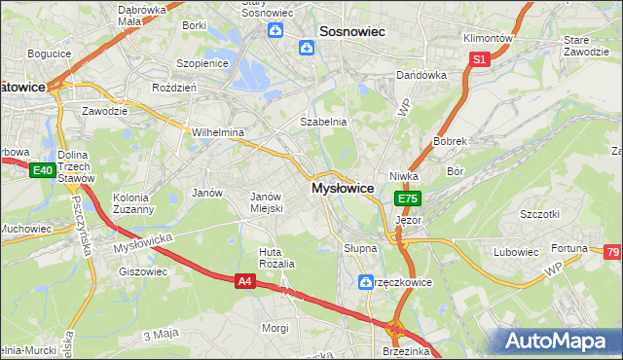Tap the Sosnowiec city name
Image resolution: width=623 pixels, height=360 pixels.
click(348, 31)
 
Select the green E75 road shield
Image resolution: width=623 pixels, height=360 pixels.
click(407, 198)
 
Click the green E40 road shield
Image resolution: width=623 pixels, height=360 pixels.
click(41, 171)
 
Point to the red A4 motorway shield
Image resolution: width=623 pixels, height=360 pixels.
click(245, 280)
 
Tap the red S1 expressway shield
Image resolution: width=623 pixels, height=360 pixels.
click(479, 59)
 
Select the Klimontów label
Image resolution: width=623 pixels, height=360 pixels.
click(487, 37)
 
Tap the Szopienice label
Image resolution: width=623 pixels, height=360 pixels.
click(201, 62)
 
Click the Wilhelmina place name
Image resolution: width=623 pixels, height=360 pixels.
click(217, 131)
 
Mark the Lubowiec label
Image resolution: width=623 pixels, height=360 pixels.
click(516, 252)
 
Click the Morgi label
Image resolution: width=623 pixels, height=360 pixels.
click(275, 328)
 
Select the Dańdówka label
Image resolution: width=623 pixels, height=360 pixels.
click(421, 75)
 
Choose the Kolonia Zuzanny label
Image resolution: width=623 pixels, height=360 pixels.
click(133, 202)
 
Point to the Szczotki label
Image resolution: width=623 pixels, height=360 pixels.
click(540, 214)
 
